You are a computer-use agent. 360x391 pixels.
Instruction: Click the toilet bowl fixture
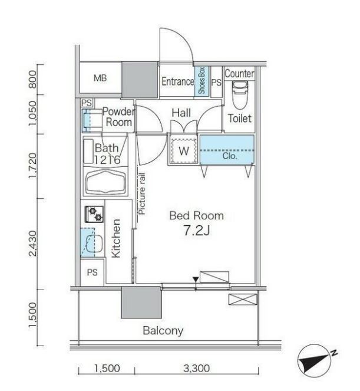point(239,95)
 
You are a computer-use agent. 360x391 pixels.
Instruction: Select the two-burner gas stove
point(94,214)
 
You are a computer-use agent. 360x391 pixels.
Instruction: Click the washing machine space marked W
point(184,151)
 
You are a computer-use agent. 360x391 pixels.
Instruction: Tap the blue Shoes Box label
point(202,80)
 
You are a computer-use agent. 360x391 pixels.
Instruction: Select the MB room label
point(100,78)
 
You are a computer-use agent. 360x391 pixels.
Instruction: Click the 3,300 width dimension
point(196,368)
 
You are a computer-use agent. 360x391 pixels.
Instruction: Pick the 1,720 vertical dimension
point(33,165)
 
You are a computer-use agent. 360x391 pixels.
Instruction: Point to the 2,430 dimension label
point(33,244)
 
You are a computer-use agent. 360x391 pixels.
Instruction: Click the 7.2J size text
point(197,231)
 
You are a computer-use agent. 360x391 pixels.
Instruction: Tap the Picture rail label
point(142,193)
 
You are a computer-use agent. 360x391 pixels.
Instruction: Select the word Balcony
point(163,331)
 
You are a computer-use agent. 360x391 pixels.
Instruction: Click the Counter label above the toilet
point(239,74)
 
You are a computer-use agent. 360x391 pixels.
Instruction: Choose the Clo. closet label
point(229,156)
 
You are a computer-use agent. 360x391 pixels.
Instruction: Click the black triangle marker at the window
point(196,280)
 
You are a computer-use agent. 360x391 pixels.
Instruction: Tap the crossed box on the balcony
point(242,299)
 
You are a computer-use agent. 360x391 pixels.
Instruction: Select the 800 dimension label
point(32,79)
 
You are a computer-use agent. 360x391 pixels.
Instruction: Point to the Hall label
point(181,113)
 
